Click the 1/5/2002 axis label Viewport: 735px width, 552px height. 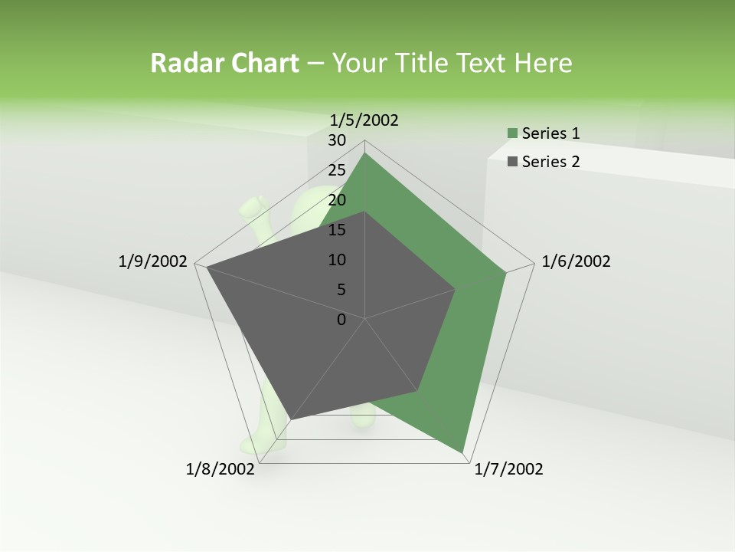point(364,120)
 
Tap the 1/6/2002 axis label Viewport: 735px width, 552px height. point(576,261)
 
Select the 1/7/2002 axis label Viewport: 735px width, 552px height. point(508,469)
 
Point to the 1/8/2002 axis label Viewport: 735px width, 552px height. point(220,469)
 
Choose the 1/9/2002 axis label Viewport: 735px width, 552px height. point(153,261)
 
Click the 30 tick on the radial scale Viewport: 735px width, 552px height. point(337,140)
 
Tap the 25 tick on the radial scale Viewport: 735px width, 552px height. point(337,170)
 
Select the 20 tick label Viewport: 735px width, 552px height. point(337,200)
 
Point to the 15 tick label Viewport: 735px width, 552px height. point(337,230)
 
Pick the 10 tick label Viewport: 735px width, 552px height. point(337,260)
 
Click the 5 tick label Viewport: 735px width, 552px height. point(341,290)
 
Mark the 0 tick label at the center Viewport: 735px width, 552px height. point(341,320)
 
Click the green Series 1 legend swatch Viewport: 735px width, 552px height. point(512,134)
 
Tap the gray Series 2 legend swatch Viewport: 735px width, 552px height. point(512,162)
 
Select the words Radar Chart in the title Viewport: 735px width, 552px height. point(224,63)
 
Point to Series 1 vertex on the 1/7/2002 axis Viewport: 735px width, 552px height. point(464,452)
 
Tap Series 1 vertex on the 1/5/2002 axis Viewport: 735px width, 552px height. point(365,153)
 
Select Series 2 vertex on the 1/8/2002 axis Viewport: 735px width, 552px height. point(291,419)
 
